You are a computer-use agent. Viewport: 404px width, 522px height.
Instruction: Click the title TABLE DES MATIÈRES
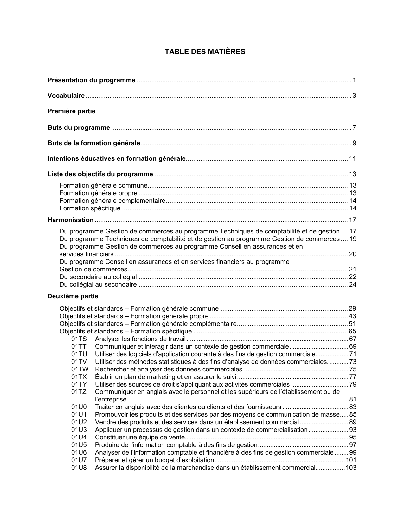click(x=205, y=52)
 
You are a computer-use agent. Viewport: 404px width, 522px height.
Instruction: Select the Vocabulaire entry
click(x=66, y=96)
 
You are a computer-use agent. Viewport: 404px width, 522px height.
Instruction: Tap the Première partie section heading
click(x=71, y=111)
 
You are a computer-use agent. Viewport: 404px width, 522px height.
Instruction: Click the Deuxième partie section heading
click(x=73, y=296)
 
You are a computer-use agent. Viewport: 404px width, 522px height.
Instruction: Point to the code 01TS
click(x=79, y=339)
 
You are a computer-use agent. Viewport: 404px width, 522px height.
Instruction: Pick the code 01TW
click(x=80, y=369)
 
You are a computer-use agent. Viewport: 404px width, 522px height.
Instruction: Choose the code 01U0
click(x=79, y=407)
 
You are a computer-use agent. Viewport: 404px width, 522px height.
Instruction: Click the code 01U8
click(x=79, y=468)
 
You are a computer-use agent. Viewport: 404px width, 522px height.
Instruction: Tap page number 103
click(x=351, y=468)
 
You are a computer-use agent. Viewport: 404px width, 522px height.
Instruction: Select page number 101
click(x=351, y=460)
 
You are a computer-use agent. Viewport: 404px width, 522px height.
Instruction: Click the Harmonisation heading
click(x=70, y=220)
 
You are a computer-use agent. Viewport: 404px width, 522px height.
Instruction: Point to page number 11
click(x=353, y=158)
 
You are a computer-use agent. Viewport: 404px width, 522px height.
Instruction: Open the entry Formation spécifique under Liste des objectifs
click(x=90, y=208)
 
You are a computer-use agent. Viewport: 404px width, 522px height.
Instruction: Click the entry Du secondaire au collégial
click(x=98, y=277)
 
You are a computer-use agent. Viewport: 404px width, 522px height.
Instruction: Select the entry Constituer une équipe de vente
click(x=139, y=437)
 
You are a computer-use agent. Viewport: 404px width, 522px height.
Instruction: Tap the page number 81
click(x=353, y=399)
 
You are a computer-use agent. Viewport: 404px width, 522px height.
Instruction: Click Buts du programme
click(x=79, y=127)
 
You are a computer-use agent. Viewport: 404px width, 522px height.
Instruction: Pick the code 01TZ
click(x=79, y=392)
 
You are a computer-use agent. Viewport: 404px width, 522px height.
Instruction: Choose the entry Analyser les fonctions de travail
click(x=140, y=339)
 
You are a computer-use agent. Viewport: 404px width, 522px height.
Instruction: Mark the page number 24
click(x=353, y=284)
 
